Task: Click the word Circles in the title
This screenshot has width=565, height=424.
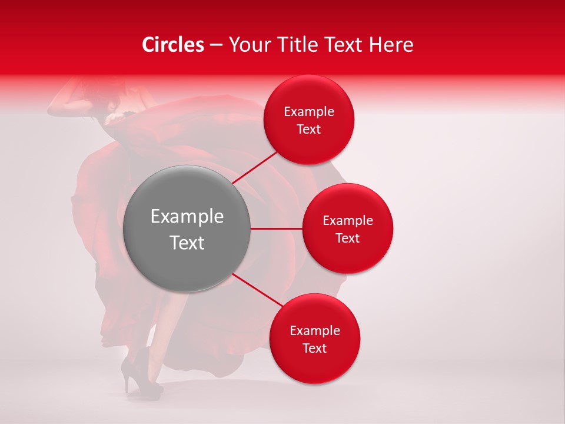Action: pyautogui.click(x=172, y=45)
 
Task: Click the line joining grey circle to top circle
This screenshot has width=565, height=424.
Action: pyautogui.click(x=255, y=167)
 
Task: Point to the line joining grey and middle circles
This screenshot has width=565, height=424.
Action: pyautogui.click(x=276, y=228)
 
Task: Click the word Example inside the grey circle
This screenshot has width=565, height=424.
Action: pyautogui.click(x=187, y=217)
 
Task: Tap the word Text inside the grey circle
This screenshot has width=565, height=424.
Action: pyautogui.click(x=187, y=243)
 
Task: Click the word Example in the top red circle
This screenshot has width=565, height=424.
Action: pyautogui.click(x=309, y=112)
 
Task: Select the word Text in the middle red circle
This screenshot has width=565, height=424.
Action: pyautogui.click(x=348, y=238)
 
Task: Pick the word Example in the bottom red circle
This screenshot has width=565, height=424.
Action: pyautogui.click(x=315, y=331)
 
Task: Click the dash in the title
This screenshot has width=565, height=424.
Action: pyautogui.click(x=215, y=45)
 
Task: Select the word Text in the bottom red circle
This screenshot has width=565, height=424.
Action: pyautogui.click(x=315, y=349)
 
